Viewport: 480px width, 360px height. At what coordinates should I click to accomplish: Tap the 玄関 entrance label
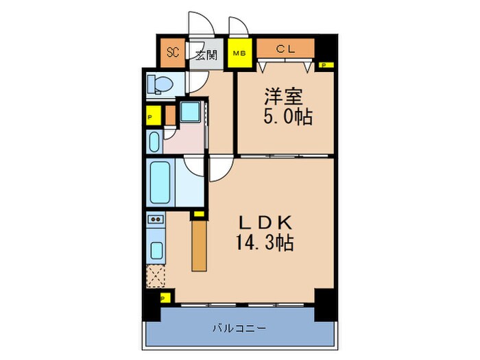206,54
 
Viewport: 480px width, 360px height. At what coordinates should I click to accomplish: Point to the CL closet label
285,49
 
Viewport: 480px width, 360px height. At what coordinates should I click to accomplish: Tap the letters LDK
265,223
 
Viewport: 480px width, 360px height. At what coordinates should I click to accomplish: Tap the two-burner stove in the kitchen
155,221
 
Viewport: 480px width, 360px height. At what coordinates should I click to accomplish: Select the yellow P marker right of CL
324,66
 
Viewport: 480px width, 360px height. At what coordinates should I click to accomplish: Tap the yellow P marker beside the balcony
164,298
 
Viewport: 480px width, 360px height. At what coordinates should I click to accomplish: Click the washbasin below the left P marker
154,142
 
